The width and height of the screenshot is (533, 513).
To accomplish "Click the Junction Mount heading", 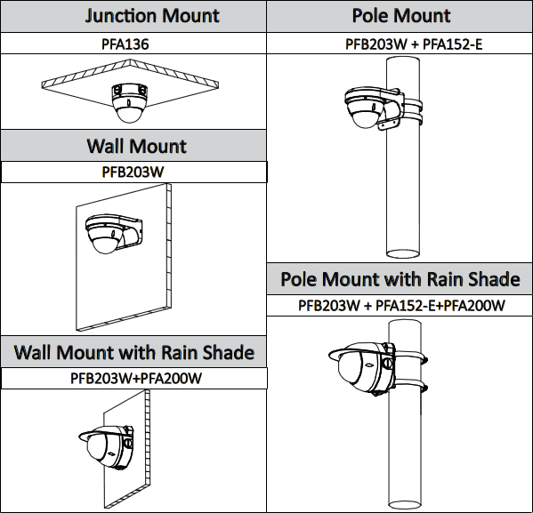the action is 152,16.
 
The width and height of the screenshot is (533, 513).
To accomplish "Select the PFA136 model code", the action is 125,44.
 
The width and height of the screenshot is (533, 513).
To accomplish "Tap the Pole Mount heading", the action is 401,16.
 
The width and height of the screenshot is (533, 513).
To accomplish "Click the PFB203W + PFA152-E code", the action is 414,44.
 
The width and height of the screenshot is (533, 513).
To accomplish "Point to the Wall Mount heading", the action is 137,147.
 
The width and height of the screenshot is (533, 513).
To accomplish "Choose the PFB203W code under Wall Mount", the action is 133,172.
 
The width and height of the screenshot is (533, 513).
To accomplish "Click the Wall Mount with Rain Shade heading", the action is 134,352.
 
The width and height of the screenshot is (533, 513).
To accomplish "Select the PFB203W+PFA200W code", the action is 136,378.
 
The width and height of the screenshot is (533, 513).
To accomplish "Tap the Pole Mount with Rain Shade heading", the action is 400,279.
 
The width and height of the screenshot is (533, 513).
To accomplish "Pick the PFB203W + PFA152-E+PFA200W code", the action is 401,305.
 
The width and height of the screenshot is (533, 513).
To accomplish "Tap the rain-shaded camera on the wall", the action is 107,447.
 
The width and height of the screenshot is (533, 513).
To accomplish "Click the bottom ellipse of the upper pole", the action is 403,253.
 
